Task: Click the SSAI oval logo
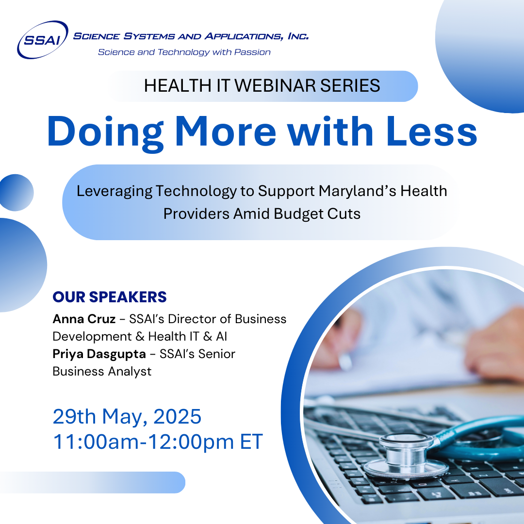(43, 40)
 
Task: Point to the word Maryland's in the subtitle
(357, 191)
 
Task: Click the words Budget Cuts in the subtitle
(317, 214)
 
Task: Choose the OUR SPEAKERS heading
(110, 297)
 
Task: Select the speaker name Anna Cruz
(84, 319)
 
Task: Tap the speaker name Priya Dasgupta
(99, 354)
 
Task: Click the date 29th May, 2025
(127, 417)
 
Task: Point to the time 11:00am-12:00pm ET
(158, 442)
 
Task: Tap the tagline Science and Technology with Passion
(184, 52)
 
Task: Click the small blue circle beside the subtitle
(16, 193)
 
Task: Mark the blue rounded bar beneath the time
(93, 482)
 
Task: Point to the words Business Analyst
(102, 372)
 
